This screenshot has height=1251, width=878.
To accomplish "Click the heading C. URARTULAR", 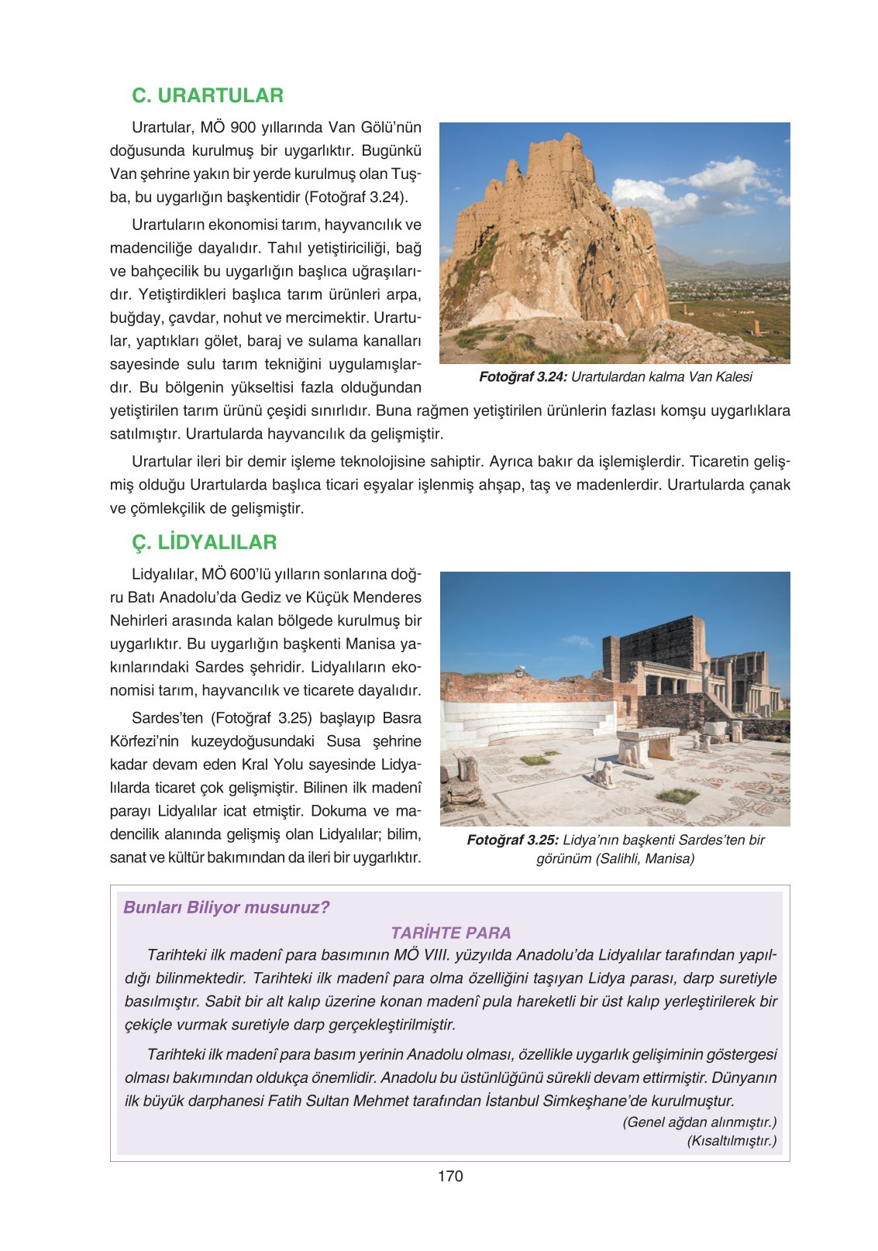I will click(208, 95).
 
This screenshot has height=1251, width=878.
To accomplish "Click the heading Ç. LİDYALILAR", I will click(204, 542).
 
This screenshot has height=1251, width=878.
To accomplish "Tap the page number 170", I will click(449, 1176).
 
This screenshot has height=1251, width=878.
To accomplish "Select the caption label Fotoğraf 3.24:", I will click(523, 377).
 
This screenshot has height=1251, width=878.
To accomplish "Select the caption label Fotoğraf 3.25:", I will click(512, 840).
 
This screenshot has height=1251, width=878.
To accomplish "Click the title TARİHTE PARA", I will click(450, 933).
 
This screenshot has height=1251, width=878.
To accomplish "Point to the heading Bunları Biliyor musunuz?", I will click(226, 907).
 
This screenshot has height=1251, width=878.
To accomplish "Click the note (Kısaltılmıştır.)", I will click(731, 1141).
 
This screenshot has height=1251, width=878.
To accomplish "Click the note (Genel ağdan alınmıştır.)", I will click(699, 1122).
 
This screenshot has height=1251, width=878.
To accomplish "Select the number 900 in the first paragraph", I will click(243, 127).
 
